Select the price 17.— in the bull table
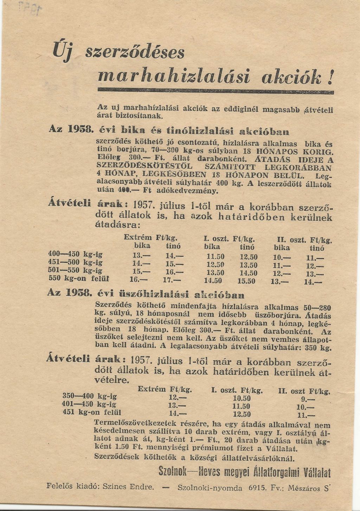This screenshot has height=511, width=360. coord(172,280)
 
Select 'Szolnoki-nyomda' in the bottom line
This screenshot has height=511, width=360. coord(205,488)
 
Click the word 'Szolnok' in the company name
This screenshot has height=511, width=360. coord(173,471)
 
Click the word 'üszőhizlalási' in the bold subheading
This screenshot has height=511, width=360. coord(155,294)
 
